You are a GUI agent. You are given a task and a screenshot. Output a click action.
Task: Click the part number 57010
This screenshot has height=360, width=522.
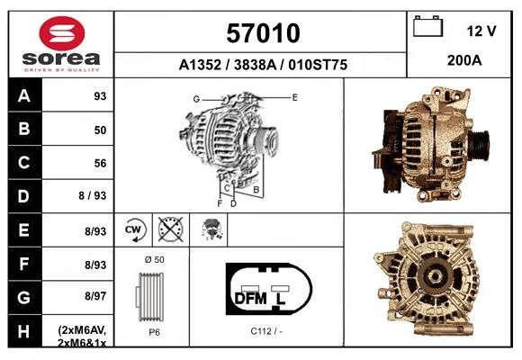(263, 33)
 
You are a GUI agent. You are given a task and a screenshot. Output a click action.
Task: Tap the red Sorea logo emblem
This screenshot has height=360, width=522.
(62, 33)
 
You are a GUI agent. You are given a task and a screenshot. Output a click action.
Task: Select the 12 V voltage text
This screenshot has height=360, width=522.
(481, 31)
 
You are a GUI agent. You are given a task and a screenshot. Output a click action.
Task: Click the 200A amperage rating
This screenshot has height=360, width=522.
(464, 60)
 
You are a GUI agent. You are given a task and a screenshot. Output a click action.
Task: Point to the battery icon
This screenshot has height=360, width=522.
(428, 26)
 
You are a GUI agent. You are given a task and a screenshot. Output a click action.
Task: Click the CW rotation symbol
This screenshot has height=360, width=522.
(134, 229)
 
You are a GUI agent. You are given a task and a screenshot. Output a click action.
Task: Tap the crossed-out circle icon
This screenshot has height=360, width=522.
(170, 229)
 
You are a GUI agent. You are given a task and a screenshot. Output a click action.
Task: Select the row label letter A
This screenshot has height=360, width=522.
(24, 96)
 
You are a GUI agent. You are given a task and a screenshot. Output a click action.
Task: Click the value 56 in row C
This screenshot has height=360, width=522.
(100, 163)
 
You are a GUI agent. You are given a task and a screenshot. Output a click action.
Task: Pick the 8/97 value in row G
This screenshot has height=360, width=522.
(95, 296)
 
